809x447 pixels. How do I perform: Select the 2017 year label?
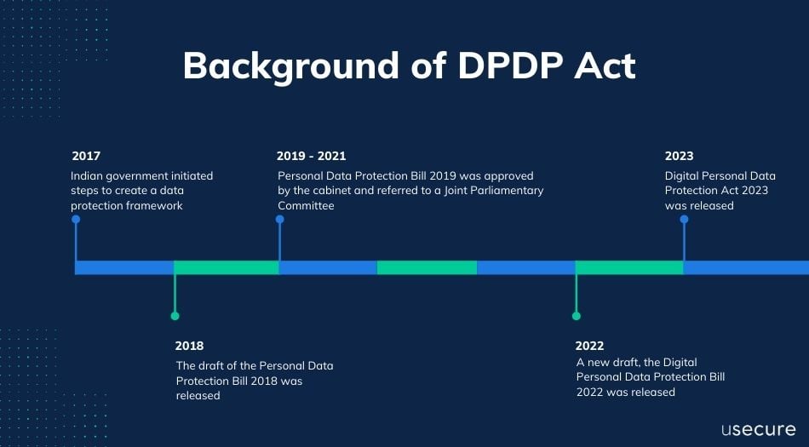(86, 156)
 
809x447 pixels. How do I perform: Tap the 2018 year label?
(189, 346)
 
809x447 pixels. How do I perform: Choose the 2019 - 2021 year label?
(311, 156)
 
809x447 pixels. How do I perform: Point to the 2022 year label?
(590, 346)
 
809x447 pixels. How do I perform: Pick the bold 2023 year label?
(679, 156)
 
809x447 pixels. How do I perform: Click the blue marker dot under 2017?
(76, 220)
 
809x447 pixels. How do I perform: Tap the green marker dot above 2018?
(175, 316)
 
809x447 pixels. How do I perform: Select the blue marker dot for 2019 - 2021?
(279, 220)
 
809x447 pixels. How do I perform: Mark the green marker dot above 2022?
(576, 316)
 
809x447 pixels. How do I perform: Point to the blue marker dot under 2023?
(684, 220)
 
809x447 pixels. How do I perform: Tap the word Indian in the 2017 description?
(88, 176)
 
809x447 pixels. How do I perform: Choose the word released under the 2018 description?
(198, 396)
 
